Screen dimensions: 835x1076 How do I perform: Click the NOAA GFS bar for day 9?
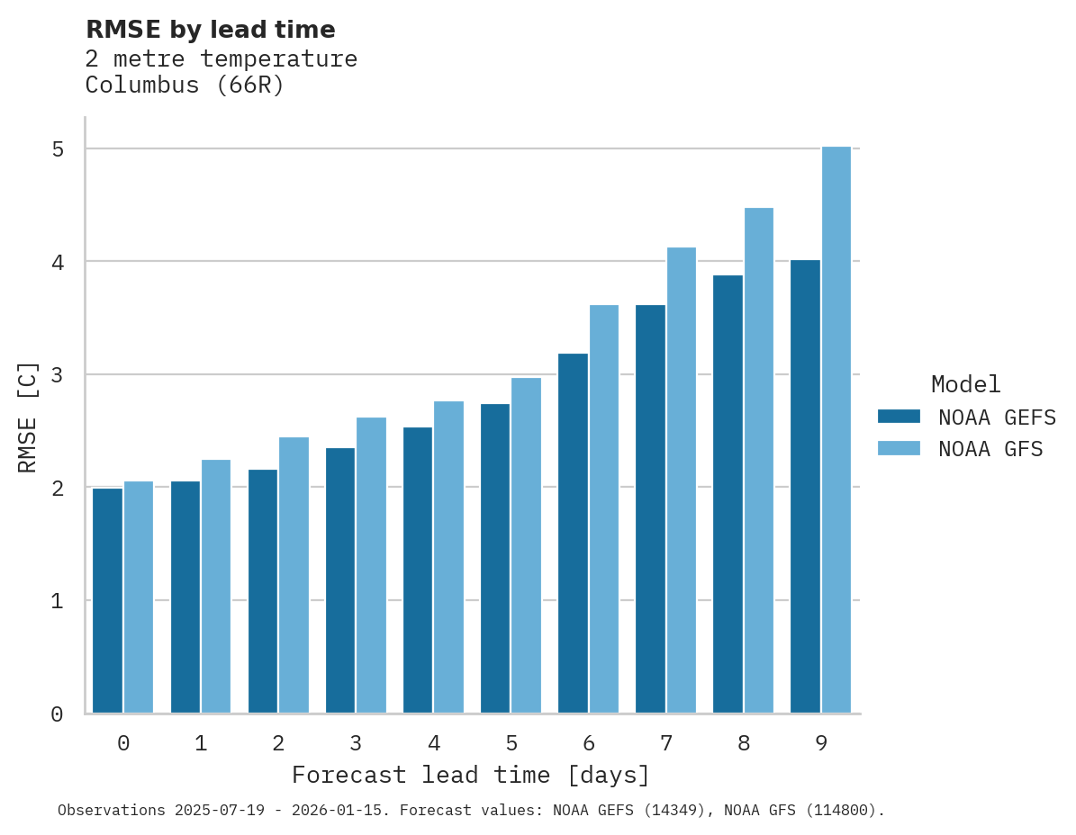tap(836, 429)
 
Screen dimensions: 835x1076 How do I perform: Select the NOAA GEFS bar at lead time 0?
tap(107, 600)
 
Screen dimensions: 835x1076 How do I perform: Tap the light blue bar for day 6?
tap(604, 508)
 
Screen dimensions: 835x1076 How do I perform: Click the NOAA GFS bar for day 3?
tap(372, 565)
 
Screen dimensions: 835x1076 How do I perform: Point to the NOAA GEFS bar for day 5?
tap(495, 558)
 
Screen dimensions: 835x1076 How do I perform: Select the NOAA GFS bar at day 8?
tap(759, 460)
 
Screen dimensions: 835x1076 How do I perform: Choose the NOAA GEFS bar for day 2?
tap(263, 591)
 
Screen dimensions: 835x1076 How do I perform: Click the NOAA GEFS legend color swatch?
tap(899, 417)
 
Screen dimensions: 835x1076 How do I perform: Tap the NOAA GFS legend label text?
tap(990, 449)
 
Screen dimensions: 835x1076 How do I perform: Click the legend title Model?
tap(965, 385)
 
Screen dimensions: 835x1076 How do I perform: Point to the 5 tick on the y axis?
tap(58, 149)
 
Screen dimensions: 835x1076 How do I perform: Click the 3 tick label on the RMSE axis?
tap(58, 374)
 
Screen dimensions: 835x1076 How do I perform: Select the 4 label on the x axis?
tap(434, 744)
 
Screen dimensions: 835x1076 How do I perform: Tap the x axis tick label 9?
tap(821, 744)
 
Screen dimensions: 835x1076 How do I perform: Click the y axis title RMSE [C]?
tap(28, 417)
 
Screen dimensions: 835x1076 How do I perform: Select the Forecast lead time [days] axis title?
tap(470, 776)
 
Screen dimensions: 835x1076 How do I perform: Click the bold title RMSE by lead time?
tap(210, 31)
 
